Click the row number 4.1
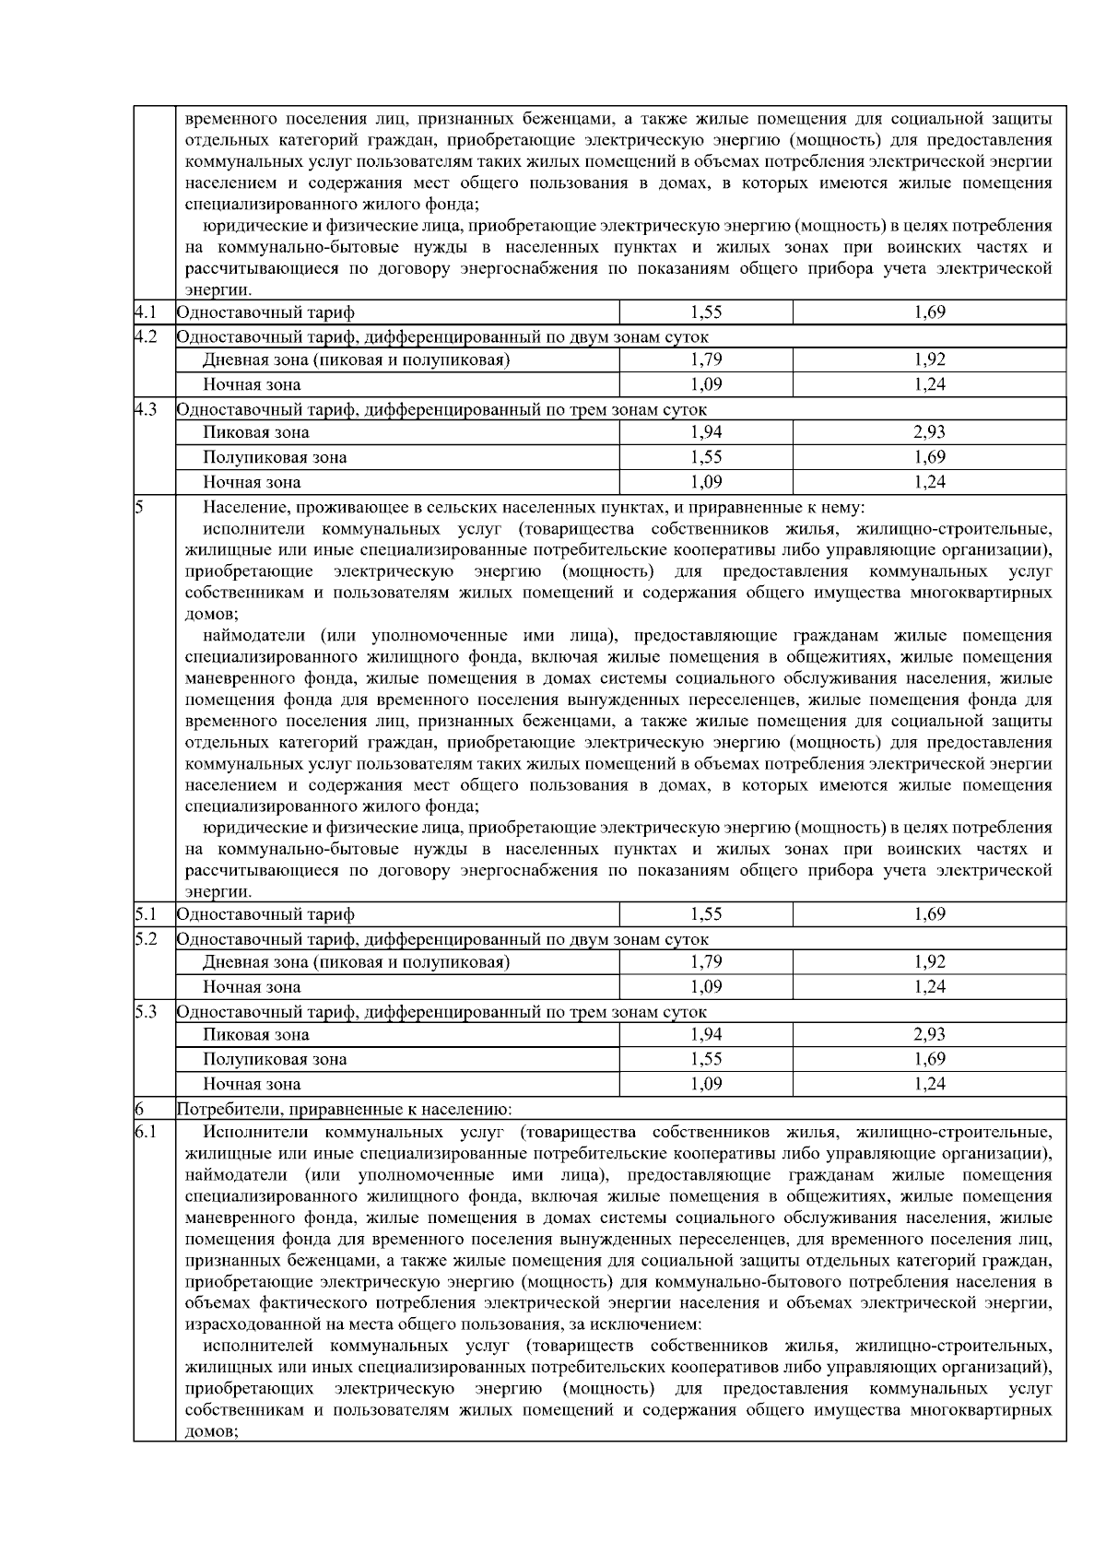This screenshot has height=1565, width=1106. pyautogui.click(x=144, y=312)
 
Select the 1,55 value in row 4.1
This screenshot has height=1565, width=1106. pyautogui.click(x=706, y=312)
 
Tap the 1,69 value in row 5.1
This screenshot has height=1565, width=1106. pyautogui.click(x=929, y=914)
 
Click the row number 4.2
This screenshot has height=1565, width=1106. pyautogui.click(x=144, y=337)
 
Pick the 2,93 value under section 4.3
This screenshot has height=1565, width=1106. pyautogui.click(x=929, y=432)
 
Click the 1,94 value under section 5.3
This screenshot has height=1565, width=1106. pyautogui.click(x=706, y=1034)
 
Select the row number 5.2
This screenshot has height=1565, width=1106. pyautogui.click(x=144, y=939)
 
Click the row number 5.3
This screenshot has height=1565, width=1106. pyautogui.click(x=144, y=1011)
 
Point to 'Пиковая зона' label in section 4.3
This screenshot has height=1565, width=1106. pyautogui.click(x=256, y=433)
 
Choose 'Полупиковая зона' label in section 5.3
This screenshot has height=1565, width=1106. pyautogui.click(x=275, y=1060)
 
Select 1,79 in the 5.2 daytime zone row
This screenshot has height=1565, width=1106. pyautogui.click(x=706, y=962)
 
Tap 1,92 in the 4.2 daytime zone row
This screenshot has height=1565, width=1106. pyautogui.click(x=929, y=360)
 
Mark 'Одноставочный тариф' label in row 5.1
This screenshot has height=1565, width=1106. pyautogui.click(x=265, y=915)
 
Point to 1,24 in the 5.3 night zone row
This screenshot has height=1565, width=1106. pyautogui.click(x=929, y=1084)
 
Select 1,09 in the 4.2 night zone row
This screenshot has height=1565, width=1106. pyautogui.click(x=706, y=384)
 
